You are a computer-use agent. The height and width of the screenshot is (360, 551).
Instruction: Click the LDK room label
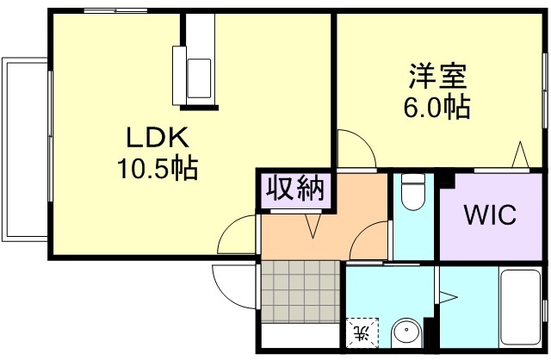(x=158, y=137)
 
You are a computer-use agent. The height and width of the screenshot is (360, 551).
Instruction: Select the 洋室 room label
(x=437, y=77)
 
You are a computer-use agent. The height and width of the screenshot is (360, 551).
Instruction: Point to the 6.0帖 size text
(x=437, y=107)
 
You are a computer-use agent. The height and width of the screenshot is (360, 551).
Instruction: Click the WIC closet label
(x=491, y=214)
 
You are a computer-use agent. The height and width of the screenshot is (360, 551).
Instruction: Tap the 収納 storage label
(x=294, y=188)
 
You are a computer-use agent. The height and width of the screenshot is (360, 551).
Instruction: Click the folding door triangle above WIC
(x=520, y=157)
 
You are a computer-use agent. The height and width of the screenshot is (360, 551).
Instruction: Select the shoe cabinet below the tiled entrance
(x=300, y=337)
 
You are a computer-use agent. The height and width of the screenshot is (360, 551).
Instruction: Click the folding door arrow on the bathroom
(x=449, y=297)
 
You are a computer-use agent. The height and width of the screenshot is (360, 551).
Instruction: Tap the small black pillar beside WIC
(x=447, y=180)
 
